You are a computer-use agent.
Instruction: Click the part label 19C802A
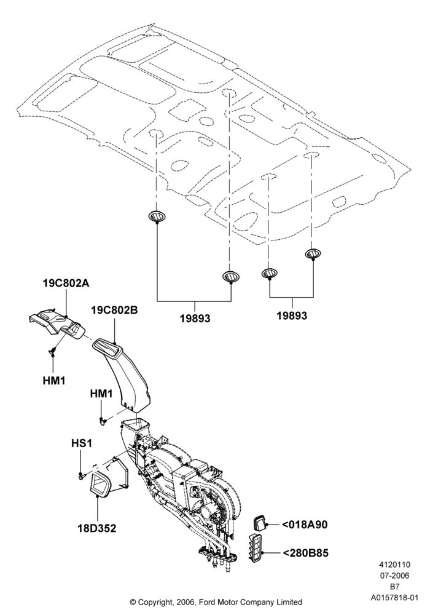tap(66, 283)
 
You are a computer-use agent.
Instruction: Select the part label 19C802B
tap(114, 310)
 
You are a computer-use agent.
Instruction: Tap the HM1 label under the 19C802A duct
tap(53, 381)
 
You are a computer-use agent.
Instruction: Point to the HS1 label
tap(82, 443)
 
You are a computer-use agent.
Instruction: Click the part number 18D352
tap(96, 528)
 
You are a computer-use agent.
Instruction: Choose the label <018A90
tap(304, 525)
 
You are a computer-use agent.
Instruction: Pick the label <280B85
tap(305, 553)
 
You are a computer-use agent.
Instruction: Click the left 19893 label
tap(195, 319)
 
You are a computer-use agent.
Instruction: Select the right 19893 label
tap(292, 315)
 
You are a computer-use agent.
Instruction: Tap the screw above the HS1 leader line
tap(82, 476)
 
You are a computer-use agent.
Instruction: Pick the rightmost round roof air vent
tap(313, 254)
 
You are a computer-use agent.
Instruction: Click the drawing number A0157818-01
tap(395, 598)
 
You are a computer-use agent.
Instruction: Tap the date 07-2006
tap(394, 576)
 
